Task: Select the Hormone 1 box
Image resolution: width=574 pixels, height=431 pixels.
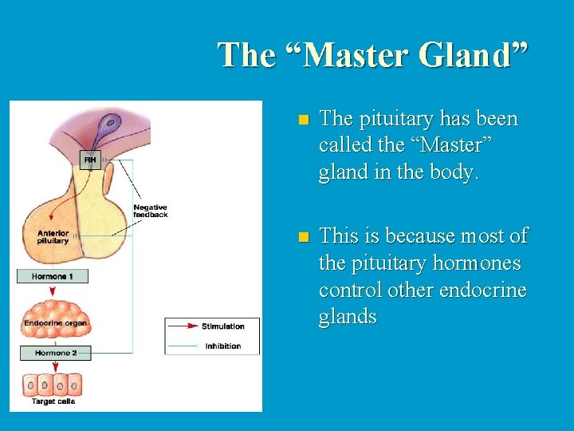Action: [x=53, y=276]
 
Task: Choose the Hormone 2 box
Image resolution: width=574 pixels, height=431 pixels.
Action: [x=56, y=353]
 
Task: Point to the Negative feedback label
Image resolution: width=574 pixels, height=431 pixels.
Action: [x=151, y=212]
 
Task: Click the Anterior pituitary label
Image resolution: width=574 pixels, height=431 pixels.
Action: [x=53, y=237]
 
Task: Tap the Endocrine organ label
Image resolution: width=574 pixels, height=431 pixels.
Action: [x=56, y=322]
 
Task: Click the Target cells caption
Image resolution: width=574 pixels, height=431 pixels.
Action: [x=54, y=401]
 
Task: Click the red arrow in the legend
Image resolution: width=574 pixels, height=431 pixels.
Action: [x=183, y=326]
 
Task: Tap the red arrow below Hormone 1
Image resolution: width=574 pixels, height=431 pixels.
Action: [x=53, y=291]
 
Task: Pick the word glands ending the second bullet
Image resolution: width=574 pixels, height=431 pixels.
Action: [x=348, y=317]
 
